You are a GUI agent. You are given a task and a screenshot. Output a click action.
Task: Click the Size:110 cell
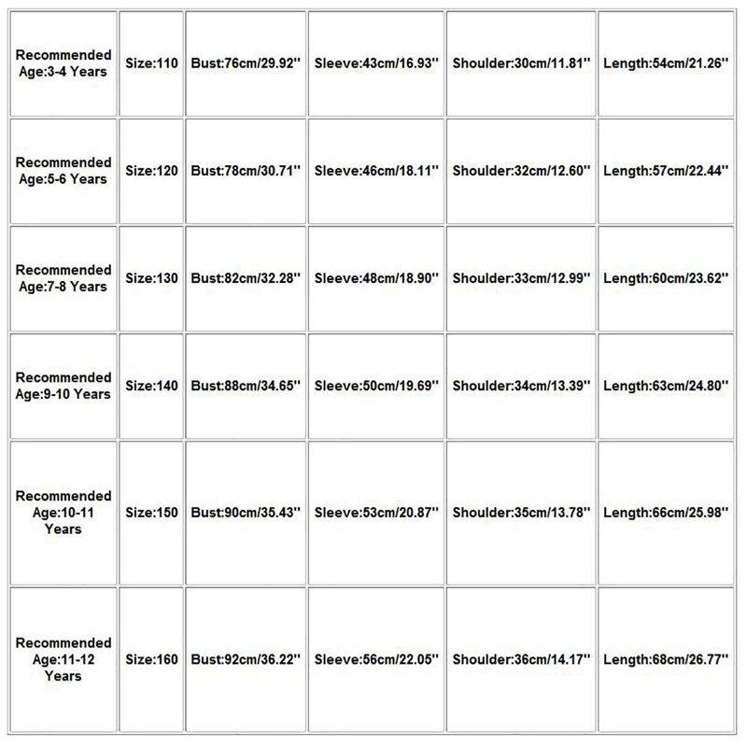click(x=151, y=63)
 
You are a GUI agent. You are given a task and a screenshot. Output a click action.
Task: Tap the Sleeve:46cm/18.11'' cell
click(x=375, y=171)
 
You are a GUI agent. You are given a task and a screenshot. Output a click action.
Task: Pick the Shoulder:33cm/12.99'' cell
click(x=521, y=278)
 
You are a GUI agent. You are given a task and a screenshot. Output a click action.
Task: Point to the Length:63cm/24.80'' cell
click(x=665, y=386)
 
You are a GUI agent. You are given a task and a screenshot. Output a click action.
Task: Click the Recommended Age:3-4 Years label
click(x=63, y=63)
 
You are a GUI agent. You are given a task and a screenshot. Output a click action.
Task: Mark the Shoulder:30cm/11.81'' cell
click(x=521, y=63)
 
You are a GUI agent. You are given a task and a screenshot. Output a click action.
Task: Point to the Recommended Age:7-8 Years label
click(x=63, y=278)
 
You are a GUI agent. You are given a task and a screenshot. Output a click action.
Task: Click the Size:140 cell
click(x=151, y=386)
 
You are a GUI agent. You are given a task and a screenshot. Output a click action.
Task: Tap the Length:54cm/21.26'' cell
click(x=665, y=63)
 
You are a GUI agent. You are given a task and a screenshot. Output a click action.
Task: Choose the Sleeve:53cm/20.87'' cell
click(x=375, y=513)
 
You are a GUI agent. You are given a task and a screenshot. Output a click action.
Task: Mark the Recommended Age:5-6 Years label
click(x=63, y=171)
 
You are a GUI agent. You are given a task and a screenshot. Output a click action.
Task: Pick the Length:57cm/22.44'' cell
click(x=665, y=171)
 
